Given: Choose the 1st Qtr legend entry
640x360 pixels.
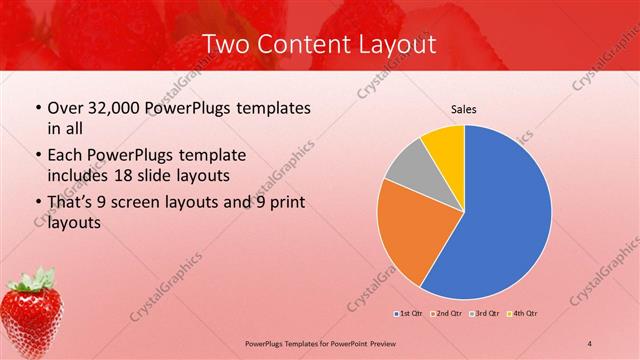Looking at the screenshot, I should [x=409, y=314].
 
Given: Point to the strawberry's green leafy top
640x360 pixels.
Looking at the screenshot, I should [x=35, y=279].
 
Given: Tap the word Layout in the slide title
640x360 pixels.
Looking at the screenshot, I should [x=395, y=45].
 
